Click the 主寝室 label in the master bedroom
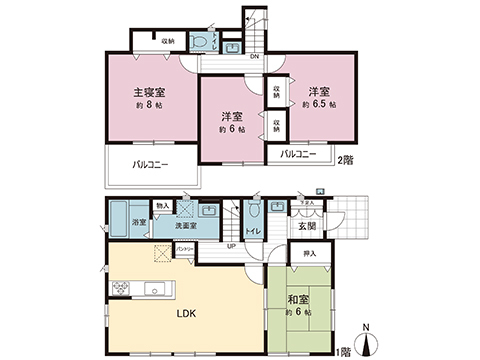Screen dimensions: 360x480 pos(151,93)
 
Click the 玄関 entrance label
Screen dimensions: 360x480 pos(307,226)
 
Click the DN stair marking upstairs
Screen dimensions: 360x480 pos(254,56)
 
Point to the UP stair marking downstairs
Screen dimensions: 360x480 pos(231,246)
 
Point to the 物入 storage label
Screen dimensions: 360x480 pos(162,207)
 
